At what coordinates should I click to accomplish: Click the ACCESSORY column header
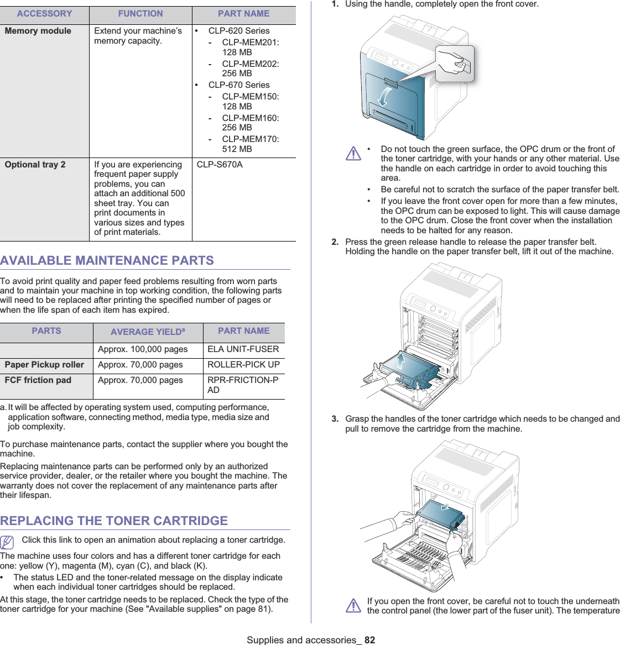(x=44, y=14)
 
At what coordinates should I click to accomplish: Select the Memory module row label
(x=38, y=31)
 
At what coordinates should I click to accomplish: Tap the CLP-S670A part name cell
(x=220, y=164)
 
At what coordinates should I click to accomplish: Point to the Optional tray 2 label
(x=35, y=164)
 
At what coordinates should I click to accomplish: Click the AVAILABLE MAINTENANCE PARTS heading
(x=107, y=260)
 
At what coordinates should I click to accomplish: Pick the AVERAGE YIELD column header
(x=148, y=332)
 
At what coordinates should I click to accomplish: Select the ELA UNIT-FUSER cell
(x=243, y=349)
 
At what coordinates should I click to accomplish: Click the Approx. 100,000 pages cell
(x=143, y=349)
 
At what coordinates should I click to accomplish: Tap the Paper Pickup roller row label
(x=44, y=365)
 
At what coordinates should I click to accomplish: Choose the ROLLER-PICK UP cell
(x=243, y=365)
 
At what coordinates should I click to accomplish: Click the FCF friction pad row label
(x=38, y=380)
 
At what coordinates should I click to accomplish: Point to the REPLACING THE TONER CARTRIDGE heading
(x=114, y=521)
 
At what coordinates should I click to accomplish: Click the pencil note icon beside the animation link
(x=7, y=542)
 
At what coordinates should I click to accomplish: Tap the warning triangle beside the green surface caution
(x=353, y=153)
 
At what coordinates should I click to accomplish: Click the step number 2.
(x=335, y=242)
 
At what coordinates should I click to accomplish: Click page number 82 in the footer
(x=369, y=640)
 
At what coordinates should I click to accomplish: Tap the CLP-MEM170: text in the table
(x=250, y=139)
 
